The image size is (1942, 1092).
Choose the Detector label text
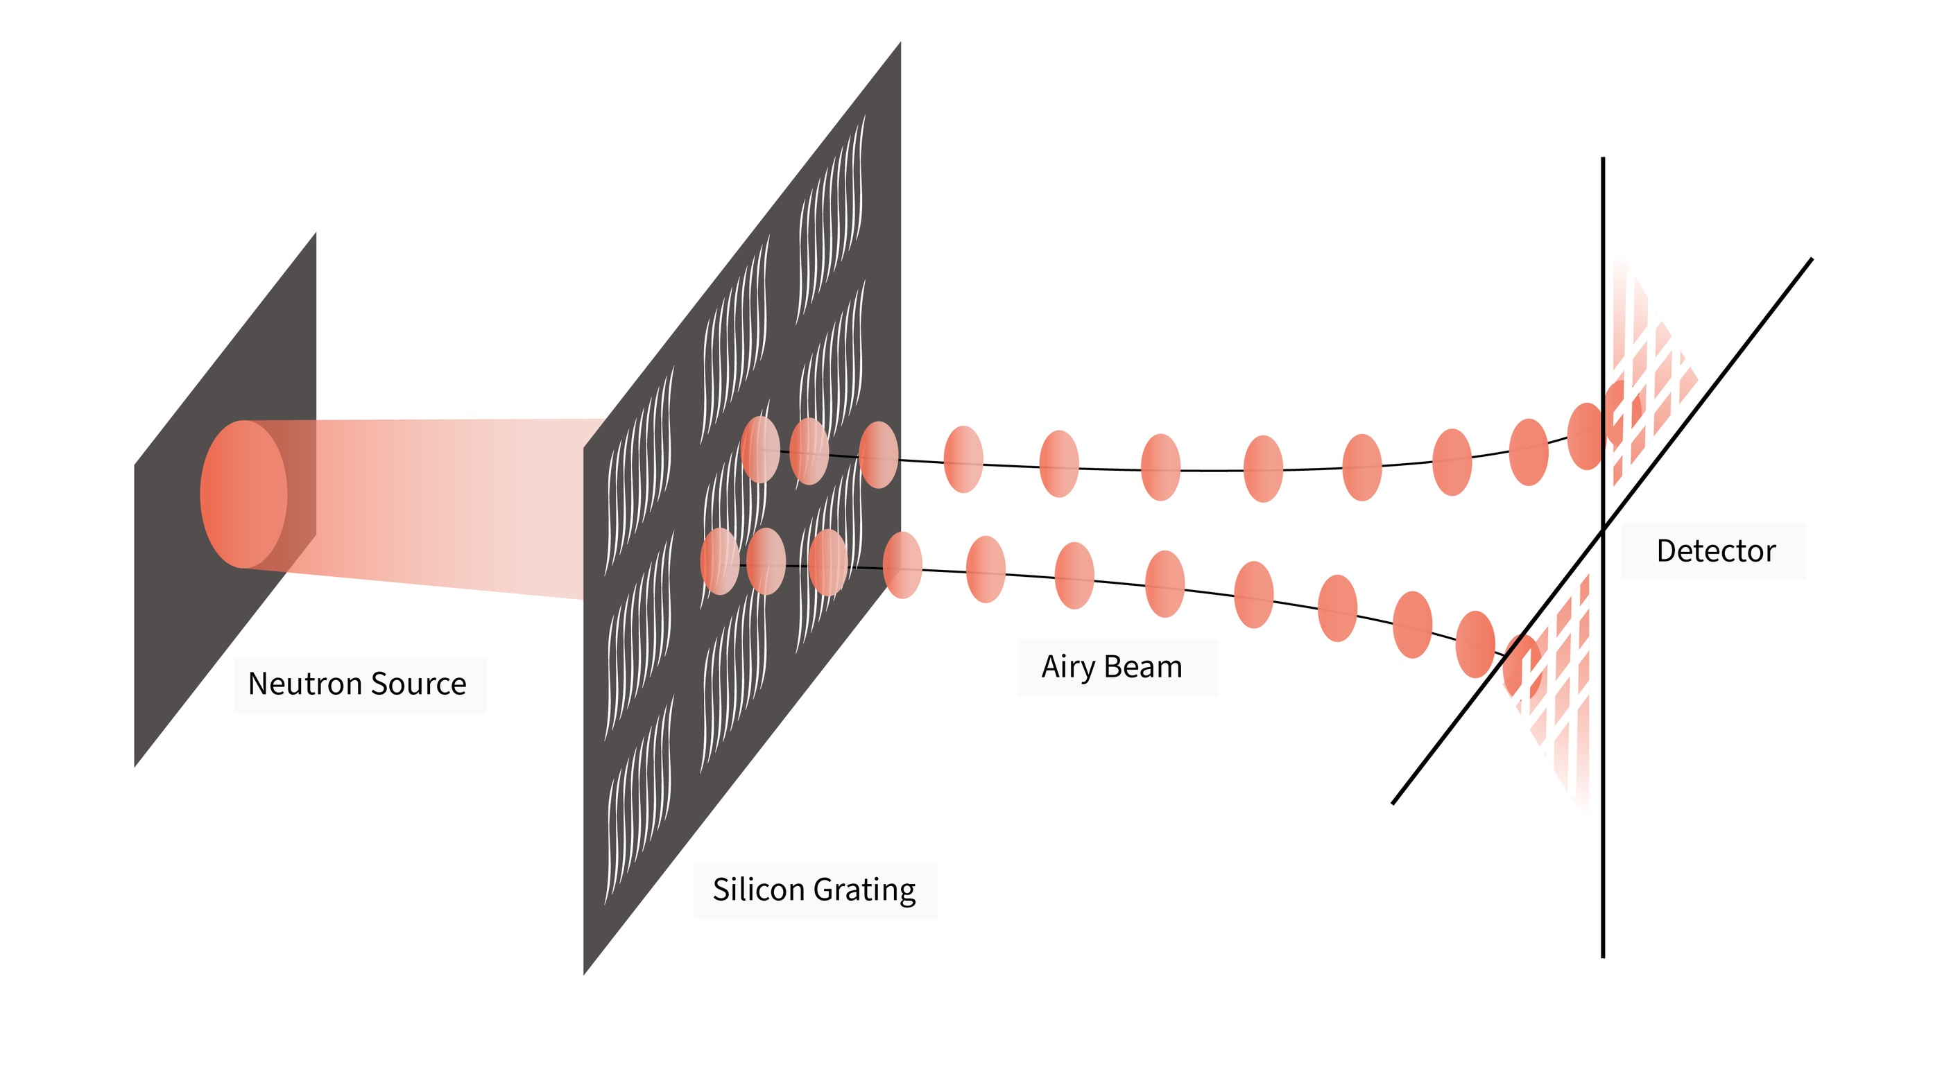click(1716, 551)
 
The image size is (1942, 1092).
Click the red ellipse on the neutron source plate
click(243, 494)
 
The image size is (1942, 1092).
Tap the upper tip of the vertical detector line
click(1603, 159)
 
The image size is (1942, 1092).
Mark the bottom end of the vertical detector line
click(1603, 957)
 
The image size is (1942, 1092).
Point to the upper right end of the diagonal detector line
click(1812, 259)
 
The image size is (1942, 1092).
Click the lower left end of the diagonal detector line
click(1393, 804)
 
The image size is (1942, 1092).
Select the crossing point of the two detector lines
click(1603, 530)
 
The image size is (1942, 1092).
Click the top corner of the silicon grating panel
click(900, 43)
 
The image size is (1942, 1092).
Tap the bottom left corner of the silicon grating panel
click(584, 973)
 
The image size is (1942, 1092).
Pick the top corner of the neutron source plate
click(315, 234)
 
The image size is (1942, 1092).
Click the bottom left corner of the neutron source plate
click(135, 765)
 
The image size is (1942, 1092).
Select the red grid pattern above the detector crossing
click(1651, 376)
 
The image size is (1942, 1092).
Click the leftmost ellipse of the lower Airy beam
click(719, 562)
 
